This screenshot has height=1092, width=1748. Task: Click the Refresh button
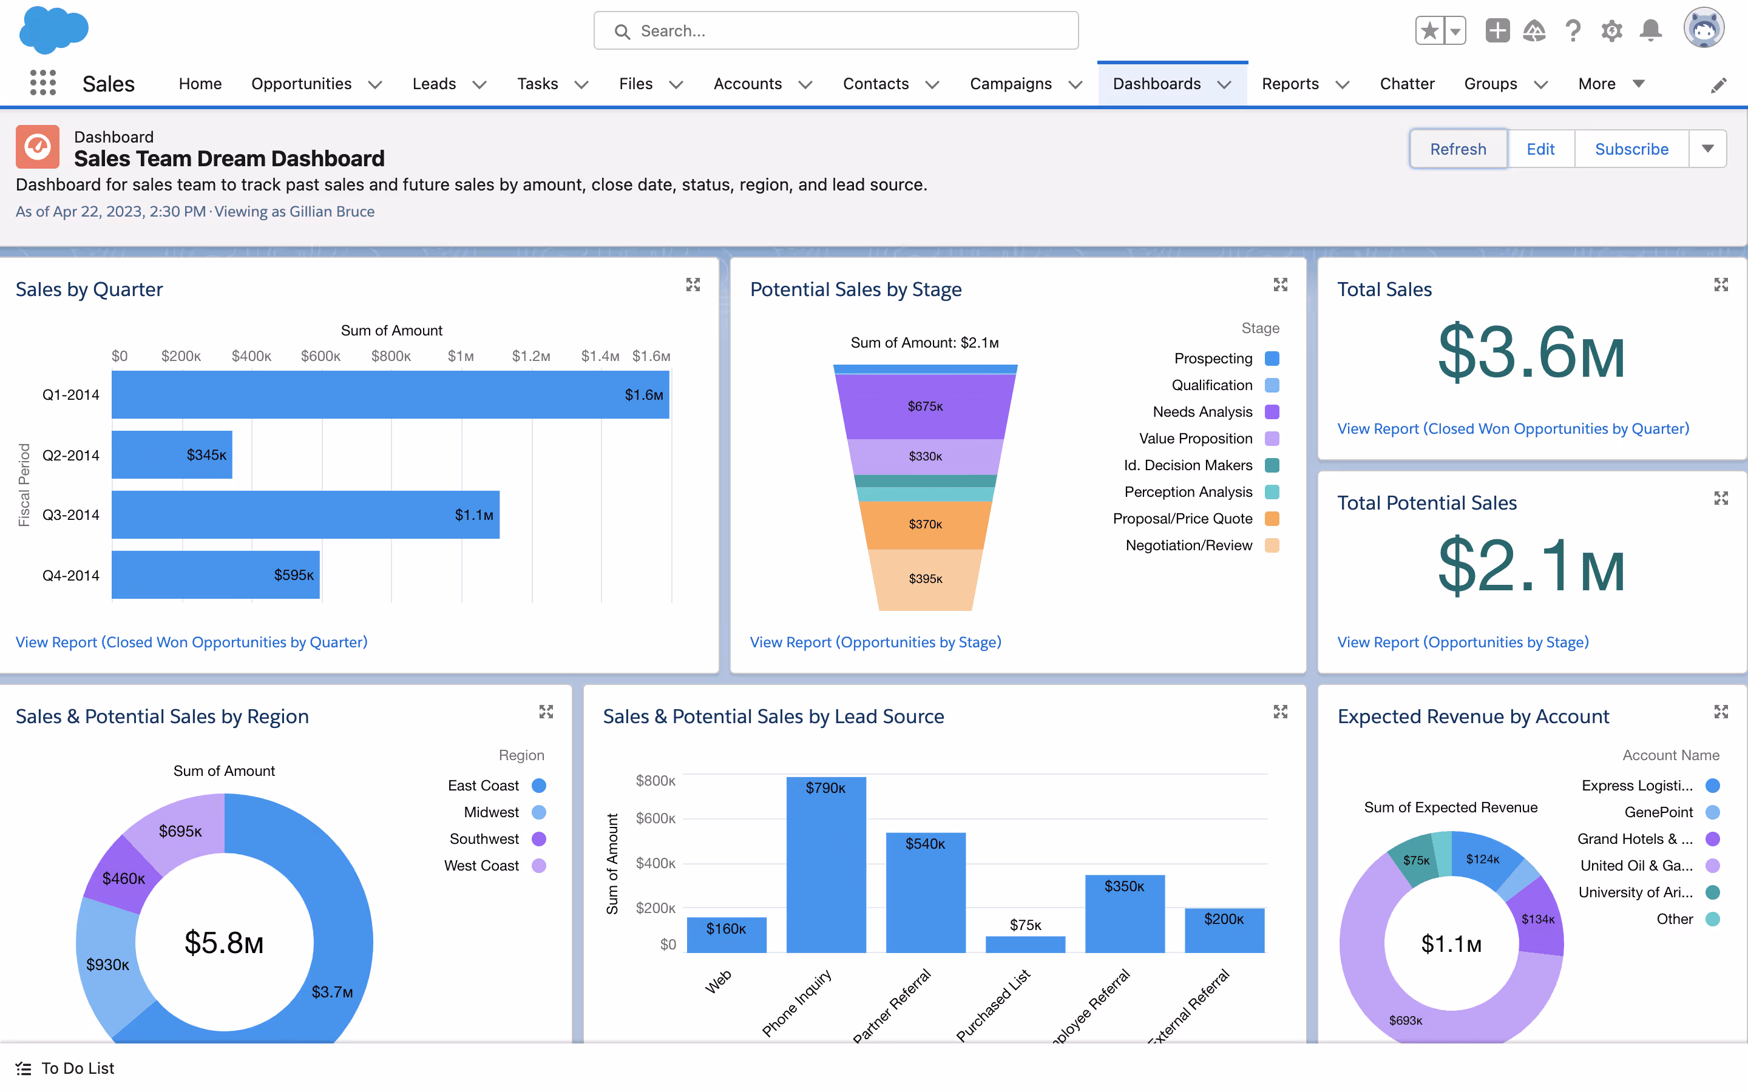(x=1458, y=149)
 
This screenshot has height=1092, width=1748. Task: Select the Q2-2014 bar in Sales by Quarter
(x=172, y=455)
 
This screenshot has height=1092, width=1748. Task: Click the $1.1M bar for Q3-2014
(x=305, y=515)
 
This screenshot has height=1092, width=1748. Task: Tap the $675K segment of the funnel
(x=924, y=406)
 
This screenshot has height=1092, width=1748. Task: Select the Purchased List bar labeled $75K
(x=1025, y=944)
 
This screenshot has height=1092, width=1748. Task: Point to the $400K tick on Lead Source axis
(x=655, y=863)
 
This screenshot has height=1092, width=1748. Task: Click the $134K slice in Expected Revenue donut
(x=1538, y=918)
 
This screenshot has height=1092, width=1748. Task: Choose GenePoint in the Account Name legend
(x=1658, y=812)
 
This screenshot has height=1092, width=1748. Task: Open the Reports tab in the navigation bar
(x=1290, y=84)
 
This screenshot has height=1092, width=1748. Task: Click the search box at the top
(x=836, y=31)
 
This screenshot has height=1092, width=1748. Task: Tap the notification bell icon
(x=1650, y=31)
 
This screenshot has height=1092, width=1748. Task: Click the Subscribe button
(x=1631, y=149)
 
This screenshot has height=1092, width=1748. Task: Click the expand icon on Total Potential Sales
(x=1721, y=498)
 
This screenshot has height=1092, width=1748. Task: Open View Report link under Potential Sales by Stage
(x=875, y=642)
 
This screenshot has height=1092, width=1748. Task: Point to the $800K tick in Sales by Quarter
(x=391, y=356)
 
